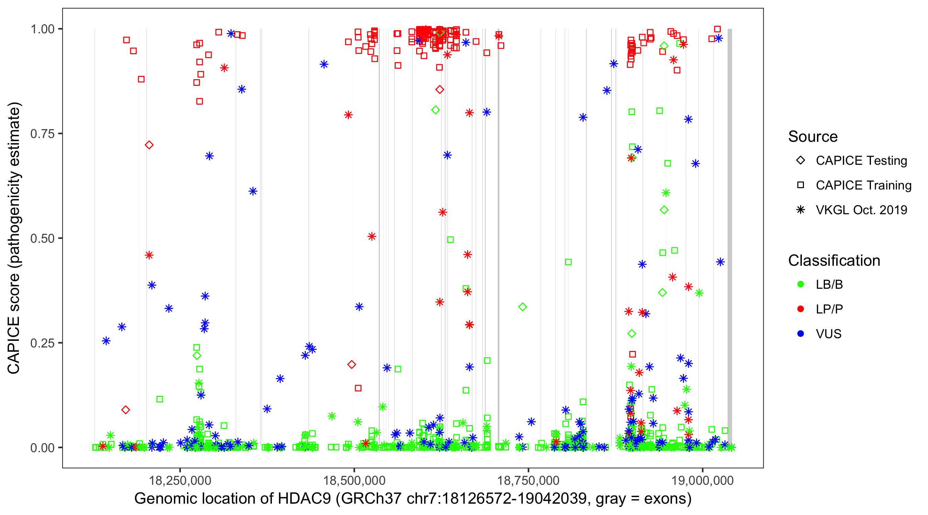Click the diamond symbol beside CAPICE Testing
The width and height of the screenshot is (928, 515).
click(800, 161)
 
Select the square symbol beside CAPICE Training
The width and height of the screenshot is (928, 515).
click(800, 185)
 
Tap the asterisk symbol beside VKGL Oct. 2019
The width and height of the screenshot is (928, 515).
click(800, 210)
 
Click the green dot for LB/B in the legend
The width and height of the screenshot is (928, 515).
click(800, 284)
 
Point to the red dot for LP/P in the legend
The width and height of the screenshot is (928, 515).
click(800, 309)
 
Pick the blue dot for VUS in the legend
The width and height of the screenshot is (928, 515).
click(800, 334)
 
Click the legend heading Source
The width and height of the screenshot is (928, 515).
click(813, 137)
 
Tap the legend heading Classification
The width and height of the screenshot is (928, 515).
click(834, 261)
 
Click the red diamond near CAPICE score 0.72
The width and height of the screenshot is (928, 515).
click(149, 145)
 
